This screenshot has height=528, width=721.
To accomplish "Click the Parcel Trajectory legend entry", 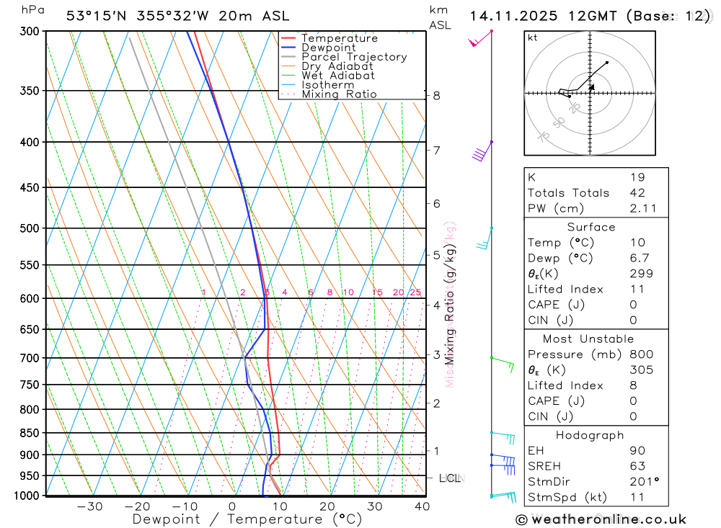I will pos(354,57).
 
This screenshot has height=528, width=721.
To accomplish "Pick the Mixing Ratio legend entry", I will pos(339,94).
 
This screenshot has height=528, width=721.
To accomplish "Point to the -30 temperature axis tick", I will pos(89,506).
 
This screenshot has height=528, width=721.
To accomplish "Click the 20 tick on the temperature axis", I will pos(327,506).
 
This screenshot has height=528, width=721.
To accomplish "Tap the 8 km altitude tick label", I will pos(437,95).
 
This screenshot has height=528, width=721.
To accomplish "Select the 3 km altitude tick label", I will pos(437,355).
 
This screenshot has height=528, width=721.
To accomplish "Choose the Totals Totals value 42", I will pos(637,193).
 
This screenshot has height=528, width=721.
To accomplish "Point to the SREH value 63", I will pos(637,466).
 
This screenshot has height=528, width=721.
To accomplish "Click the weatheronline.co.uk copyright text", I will pos(601,519).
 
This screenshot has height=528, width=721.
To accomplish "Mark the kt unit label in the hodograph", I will pos(533,37).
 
